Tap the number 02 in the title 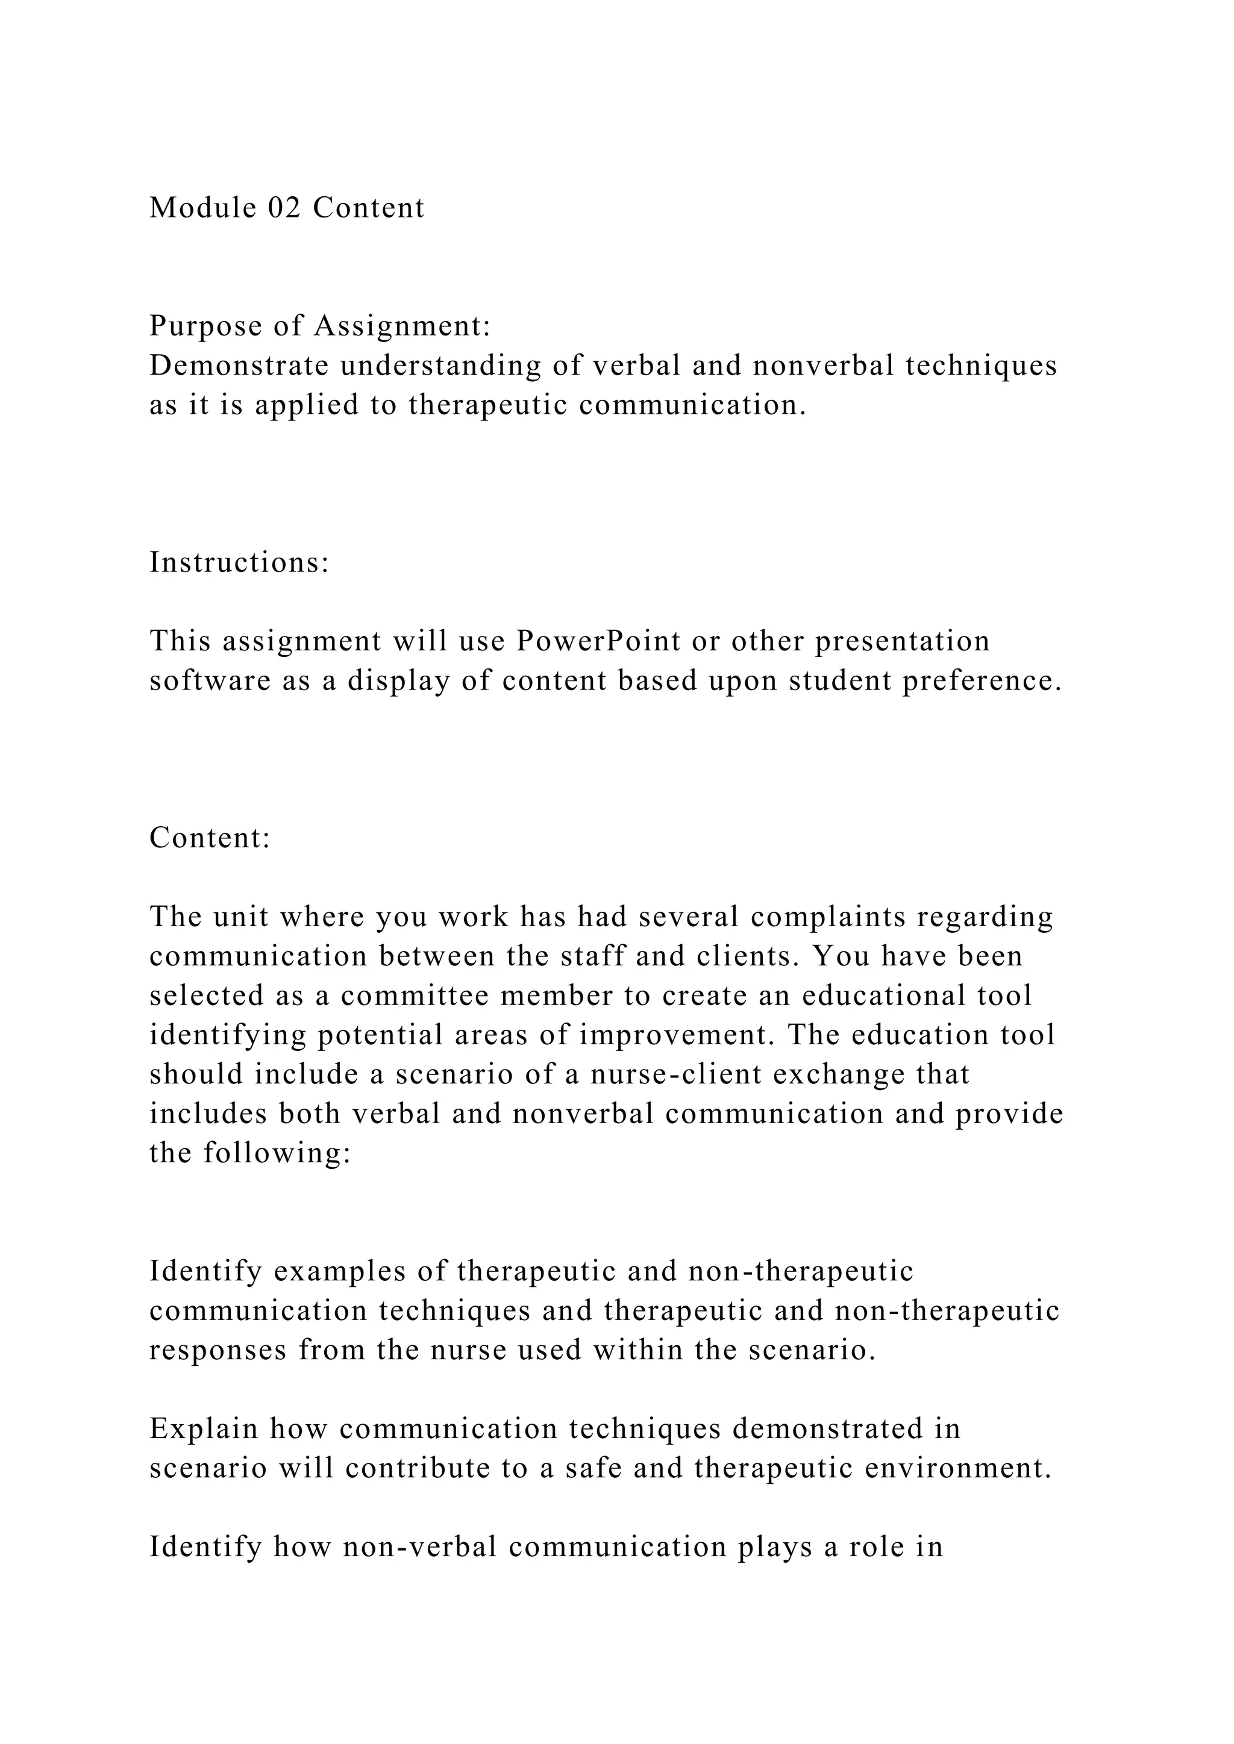(x=285, y=207)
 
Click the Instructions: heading (x=239, y=563)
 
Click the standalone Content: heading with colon (x=210, y=838)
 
